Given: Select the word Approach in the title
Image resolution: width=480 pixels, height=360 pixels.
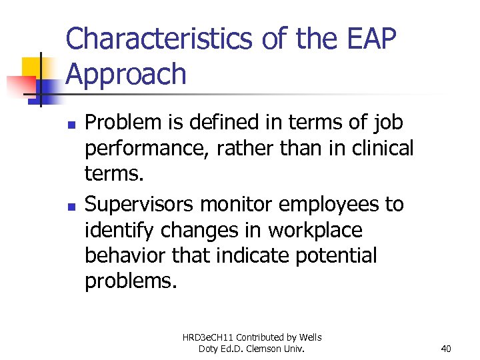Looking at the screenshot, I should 126,74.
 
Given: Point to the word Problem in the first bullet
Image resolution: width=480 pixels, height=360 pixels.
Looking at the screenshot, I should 124,123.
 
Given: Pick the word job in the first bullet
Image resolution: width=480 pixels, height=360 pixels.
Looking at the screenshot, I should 387,123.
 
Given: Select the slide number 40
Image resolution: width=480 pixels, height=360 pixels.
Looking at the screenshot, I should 446,349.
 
